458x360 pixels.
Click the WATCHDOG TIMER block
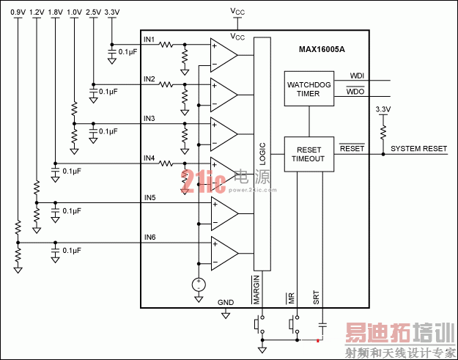309,89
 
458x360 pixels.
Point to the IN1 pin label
149,39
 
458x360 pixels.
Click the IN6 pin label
149,237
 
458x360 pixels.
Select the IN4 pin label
149,158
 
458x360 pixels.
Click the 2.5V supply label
93,12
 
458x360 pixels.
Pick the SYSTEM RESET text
418,149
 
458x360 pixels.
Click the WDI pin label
357,76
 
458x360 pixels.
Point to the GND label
225,302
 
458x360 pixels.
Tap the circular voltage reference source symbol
198,284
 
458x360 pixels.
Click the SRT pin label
317,297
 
